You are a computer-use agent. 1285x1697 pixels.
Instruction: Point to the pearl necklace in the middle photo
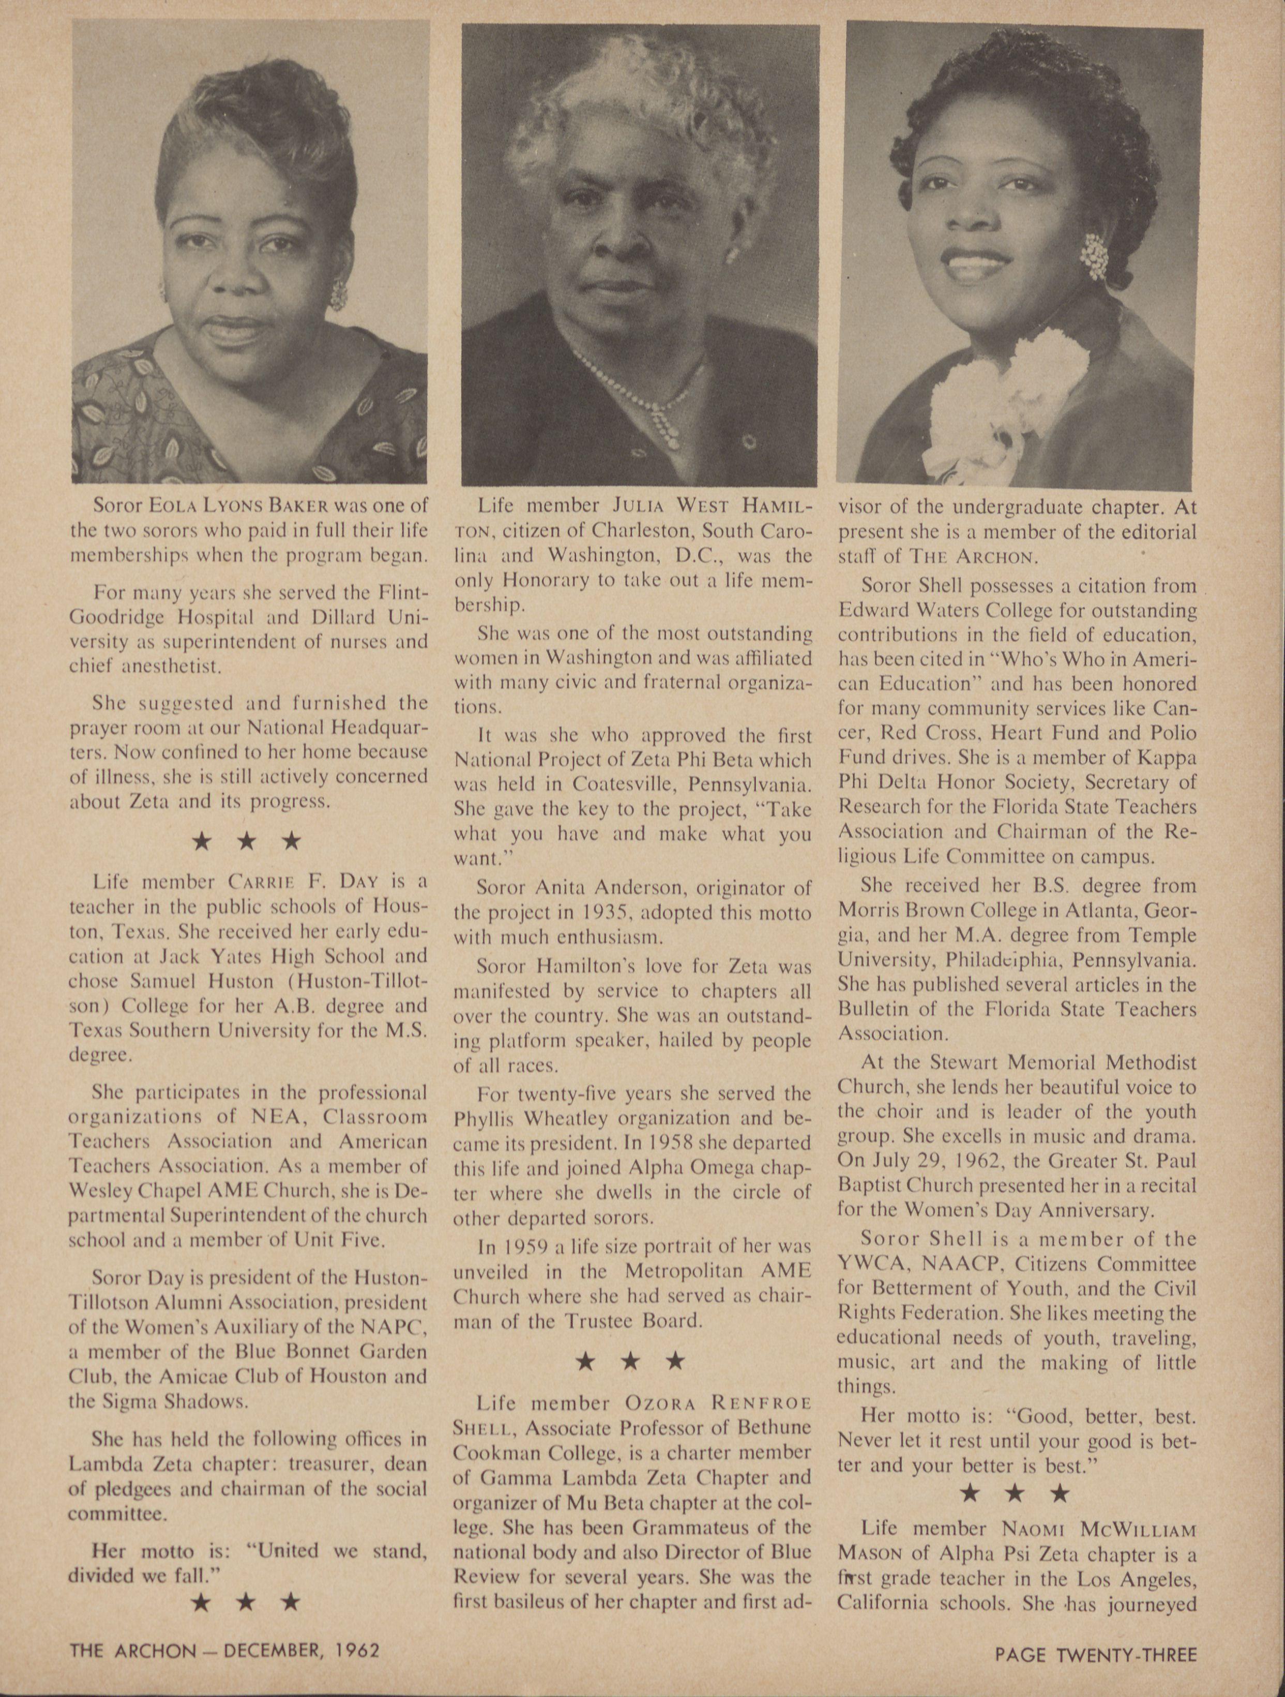click(653, 399)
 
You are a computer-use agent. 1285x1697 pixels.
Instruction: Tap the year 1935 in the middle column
click(620, 913)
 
